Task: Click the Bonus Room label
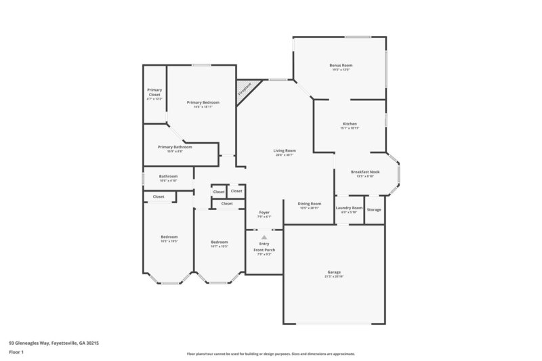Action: [341, 66]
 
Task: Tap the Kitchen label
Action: [350, 124]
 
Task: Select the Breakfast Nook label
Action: [365, 172]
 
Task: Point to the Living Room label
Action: [285, 150]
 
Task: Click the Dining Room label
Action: [310, 203]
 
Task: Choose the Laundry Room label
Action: [349, 208]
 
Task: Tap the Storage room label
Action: [374, 209]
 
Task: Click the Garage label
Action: [335, 272]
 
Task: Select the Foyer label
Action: [264, 213]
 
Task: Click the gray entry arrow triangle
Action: [264, 237]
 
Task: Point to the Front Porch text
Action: [264, 250]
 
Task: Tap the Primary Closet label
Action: [154, 93]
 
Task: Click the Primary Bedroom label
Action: [203, 102]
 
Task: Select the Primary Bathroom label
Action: [175, 147]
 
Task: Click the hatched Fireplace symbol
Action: [245, 89]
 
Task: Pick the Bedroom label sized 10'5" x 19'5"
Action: [169, 237]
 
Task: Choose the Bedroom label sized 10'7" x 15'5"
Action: [219, 242]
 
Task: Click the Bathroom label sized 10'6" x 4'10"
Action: [168, 177]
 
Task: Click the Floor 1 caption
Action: [16, 353]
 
